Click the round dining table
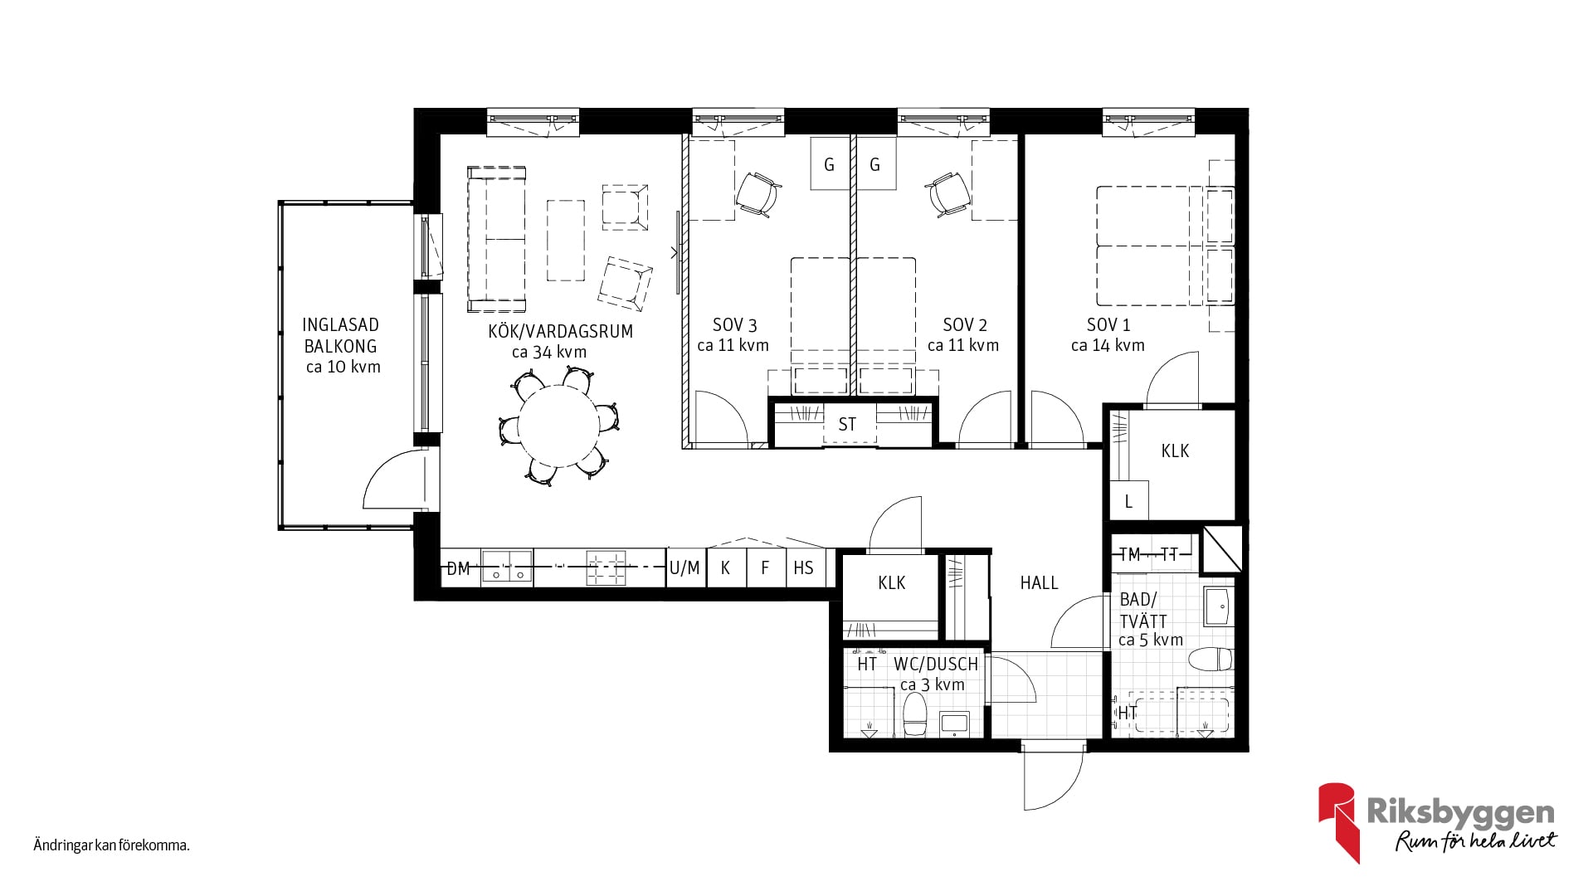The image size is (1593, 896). click(x=558, y=426)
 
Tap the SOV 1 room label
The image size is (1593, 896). click(x=1108, y=325)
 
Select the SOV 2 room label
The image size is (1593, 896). click(x=965, y=325)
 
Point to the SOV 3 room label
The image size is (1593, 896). click(x=734, y=325)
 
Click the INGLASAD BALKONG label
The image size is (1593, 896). click(x=340, y=336)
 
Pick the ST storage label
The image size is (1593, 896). click(x=847, y=425)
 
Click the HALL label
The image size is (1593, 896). click(x=1039, y=583)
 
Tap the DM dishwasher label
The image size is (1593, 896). click(x=458, y=568)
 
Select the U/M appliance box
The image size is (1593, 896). click(x=685, y=567)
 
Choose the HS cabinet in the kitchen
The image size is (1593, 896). click(x=805, y=567)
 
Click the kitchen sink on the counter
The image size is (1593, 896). click(x=507, y=568)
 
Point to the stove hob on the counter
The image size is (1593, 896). click(x=607, y=568)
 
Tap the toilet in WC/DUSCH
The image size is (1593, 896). click(x=914, y=715)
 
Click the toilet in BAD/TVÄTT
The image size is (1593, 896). click(x=1211, y=660)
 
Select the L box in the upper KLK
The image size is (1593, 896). click(x=1129, y=500)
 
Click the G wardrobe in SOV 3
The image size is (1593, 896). click(x=830, y=163)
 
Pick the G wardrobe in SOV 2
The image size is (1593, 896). click(x=875, y=163)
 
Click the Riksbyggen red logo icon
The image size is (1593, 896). click(x=1337, y=821)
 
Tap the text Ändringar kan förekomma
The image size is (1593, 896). click(x=112, y=846)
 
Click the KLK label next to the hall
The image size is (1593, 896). click(x=892, y=583)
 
